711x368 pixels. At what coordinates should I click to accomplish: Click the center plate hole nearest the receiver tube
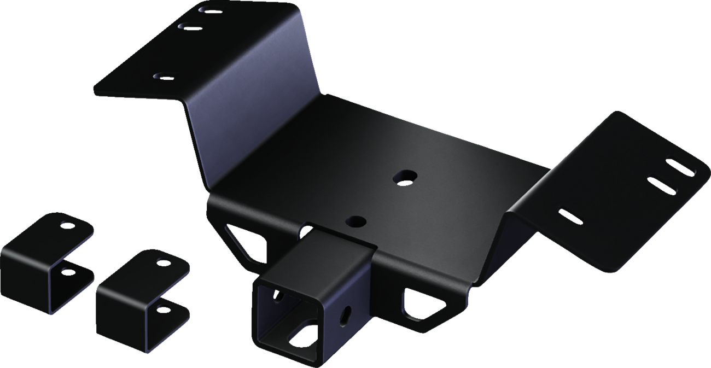(356, 221)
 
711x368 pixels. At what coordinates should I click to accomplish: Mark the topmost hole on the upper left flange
(210, 10)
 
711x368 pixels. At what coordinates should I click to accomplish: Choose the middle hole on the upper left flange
(189, 25)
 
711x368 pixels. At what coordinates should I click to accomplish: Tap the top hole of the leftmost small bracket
(66, 223)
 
